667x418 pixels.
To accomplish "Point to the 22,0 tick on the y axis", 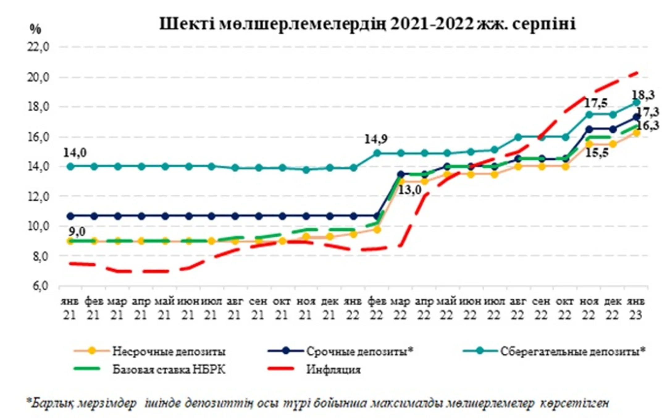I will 38,47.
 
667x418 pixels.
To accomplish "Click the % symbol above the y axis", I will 36,29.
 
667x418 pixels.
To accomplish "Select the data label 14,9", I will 375,139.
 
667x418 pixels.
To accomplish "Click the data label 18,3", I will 643,95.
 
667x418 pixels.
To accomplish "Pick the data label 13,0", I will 410,190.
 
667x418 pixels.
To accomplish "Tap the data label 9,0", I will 77,231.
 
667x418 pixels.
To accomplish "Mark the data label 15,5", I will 596,153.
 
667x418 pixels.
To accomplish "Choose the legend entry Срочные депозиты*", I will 359,351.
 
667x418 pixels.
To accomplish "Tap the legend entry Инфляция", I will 333,369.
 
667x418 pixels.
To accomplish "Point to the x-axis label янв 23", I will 636,308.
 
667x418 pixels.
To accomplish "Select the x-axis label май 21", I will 165,308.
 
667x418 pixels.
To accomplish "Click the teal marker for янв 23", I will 636,102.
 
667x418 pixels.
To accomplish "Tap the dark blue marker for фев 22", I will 377,216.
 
